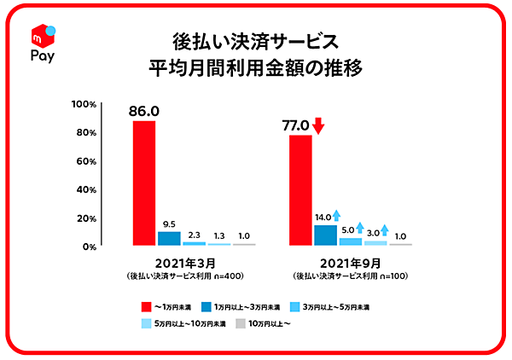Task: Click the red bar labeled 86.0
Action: click(x=144, y=183)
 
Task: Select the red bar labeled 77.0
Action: click(x=301, y=189)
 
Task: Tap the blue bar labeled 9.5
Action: click(x=169, y=238)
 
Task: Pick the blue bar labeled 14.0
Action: click(x=325, y=235)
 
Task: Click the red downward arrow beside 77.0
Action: click(x=318, y=126)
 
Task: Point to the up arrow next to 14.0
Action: click(x=337, y=217)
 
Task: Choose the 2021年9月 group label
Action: click(x=352, y=263)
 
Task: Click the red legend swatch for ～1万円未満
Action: click(x=146, y=305)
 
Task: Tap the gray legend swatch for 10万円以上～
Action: click(x=241, y=323)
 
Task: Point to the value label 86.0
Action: click(x=144, y=110)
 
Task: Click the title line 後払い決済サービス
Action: click(x=255, y=41)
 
